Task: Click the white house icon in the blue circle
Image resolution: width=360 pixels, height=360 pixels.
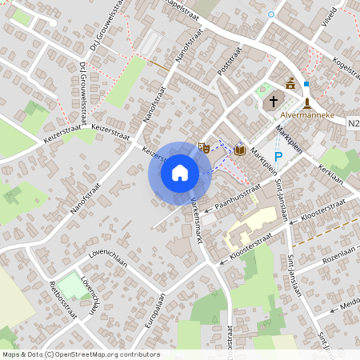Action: click(180, 173)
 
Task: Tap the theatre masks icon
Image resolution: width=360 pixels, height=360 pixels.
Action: click(203, 146)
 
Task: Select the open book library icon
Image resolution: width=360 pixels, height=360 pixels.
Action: click(239, 150)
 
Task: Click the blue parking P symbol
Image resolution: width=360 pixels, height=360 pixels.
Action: click(278, 157)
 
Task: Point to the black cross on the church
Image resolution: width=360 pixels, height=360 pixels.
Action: click(274, 102)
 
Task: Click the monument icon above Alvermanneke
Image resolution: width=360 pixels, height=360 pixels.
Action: click(306, 102)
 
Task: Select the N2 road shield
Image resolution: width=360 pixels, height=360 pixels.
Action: click(354, 123)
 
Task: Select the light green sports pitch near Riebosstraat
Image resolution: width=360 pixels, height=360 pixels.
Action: click(70, 286)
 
